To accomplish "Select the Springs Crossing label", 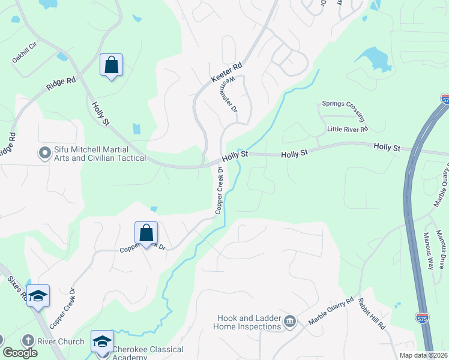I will coord(343,103).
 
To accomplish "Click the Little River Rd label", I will coord(347,129).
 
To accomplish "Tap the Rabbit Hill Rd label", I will coord(372,313).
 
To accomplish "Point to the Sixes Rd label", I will coord(15,286).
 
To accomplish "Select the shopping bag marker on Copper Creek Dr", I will coord(146,232).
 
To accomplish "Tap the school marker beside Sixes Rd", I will coord(38,295).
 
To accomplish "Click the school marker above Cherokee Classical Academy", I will coord(103,341).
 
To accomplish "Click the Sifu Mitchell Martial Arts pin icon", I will coord(44,153).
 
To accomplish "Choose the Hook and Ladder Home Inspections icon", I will coord(289,322).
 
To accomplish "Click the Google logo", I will coord(20,353).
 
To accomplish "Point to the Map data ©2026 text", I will coord(423,355).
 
